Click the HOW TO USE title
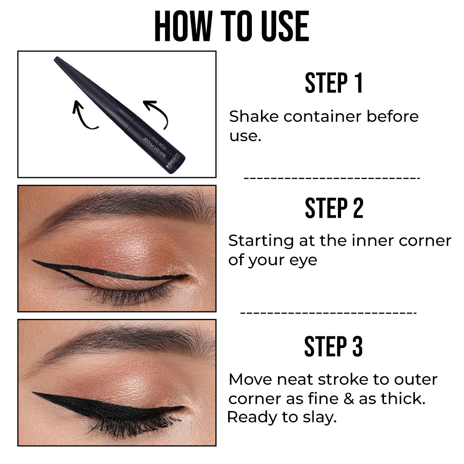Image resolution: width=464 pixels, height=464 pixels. click(232, 26)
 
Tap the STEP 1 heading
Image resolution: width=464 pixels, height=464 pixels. click(334, 82)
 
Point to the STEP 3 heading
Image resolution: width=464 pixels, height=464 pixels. click(333, 346)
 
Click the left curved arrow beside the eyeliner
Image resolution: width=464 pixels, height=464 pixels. click(83, 114)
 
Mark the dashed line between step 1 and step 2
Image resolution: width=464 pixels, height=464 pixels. click(332, 178)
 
